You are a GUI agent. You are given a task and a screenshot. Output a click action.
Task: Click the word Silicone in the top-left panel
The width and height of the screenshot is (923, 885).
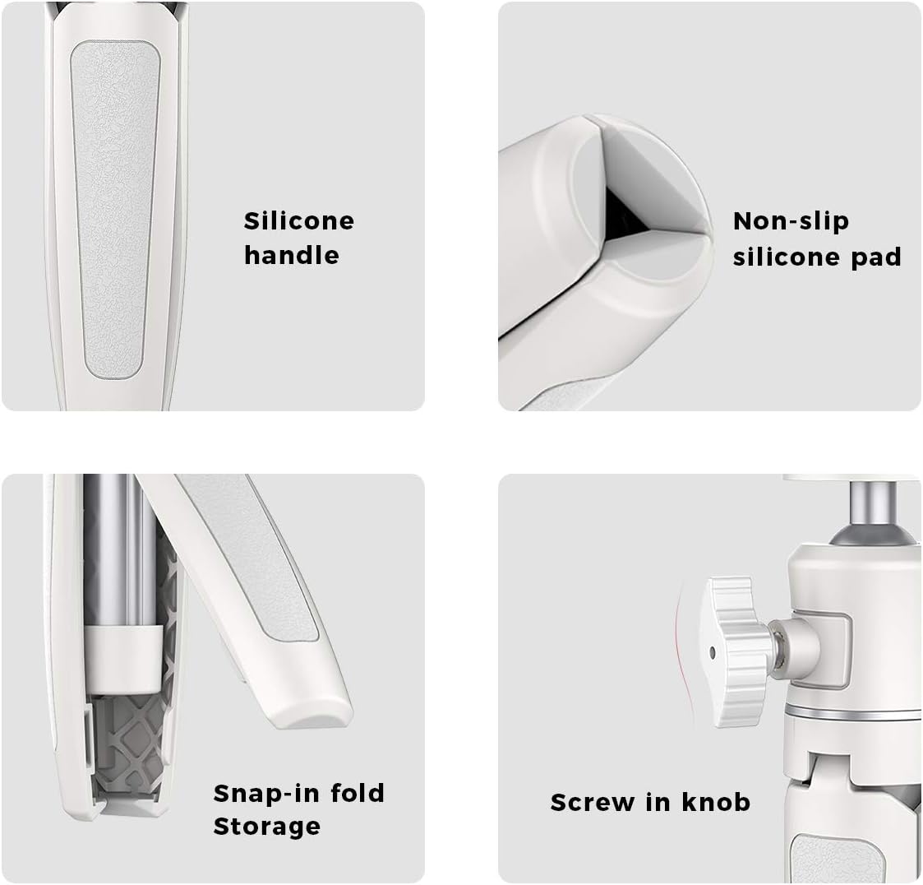(x=299, y=221)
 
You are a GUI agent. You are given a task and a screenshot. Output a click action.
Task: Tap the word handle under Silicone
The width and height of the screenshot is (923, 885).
(x=292, y=255)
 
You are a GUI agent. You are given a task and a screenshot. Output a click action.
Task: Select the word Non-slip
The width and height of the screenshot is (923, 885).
(x=791, y=221)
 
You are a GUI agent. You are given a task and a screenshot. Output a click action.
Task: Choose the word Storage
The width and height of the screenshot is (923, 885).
(x=266, y=826)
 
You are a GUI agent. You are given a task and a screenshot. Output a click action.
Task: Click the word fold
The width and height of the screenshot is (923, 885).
(x=358, y=793)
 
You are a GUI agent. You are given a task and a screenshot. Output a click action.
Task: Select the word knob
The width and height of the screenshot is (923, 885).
(x=716, y=802)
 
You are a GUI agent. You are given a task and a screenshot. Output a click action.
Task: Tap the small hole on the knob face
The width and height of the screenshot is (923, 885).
(x=713, y=652)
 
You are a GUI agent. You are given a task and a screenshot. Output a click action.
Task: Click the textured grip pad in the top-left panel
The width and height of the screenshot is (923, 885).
(x=115, y=209)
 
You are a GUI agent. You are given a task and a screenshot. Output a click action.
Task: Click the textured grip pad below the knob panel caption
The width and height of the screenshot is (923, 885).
(x=836, y=859)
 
